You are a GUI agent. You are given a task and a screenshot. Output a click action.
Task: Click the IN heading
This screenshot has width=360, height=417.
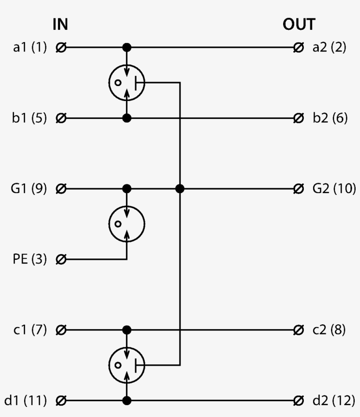(x=60, y=25)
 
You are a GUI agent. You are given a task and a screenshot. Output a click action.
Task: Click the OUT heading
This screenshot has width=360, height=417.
(x=299, y=25)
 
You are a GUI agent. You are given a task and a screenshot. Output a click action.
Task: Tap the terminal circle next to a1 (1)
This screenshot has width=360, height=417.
(x=61, y=47)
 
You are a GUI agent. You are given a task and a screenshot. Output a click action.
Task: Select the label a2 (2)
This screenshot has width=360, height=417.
(x=329, y=47)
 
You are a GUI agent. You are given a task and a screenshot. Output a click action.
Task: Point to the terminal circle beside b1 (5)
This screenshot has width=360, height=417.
(x=61, y=118)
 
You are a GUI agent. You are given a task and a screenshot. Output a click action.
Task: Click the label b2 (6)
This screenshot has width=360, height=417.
(x=330, y=118)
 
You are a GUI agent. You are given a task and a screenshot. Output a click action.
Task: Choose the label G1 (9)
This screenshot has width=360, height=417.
(x=29, y=189)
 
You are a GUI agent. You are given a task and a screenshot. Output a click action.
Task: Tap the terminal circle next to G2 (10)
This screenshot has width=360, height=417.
(x=299, y=189)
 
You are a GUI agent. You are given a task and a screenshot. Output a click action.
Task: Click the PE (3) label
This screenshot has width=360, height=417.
(x=30, y=259)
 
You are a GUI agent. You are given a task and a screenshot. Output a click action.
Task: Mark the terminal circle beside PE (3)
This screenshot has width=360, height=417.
(x=61, y=259)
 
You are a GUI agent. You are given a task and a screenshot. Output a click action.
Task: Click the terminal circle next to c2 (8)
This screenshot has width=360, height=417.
(x=299, y=330)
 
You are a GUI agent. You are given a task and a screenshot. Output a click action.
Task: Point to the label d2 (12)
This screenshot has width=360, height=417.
(x=333, y=400)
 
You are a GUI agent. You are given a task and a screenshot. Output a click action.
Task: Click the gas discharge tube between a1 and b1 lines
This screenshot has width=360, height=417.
(x=126, y=82)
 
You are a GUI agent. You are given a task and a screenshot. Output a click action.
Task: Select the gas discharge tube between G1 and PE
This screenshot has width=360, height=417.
(x=126, y=224)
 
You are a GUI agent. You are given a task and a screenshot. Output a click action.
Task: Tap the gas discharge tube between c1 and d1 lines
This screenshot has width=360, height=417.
(x=126, y=365)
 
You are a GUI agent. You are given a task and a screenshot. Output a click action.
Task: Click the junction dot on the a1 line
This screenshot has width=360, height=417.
(x=126, y=47)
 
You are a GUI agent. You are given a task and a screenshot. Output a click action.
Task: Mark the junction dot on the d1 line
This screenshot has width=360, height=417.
(x=126, y=400)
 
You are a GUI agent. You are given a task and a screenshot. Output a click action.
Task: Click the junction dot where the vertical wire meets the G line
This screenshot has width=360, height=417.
(x=179, y=189)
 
